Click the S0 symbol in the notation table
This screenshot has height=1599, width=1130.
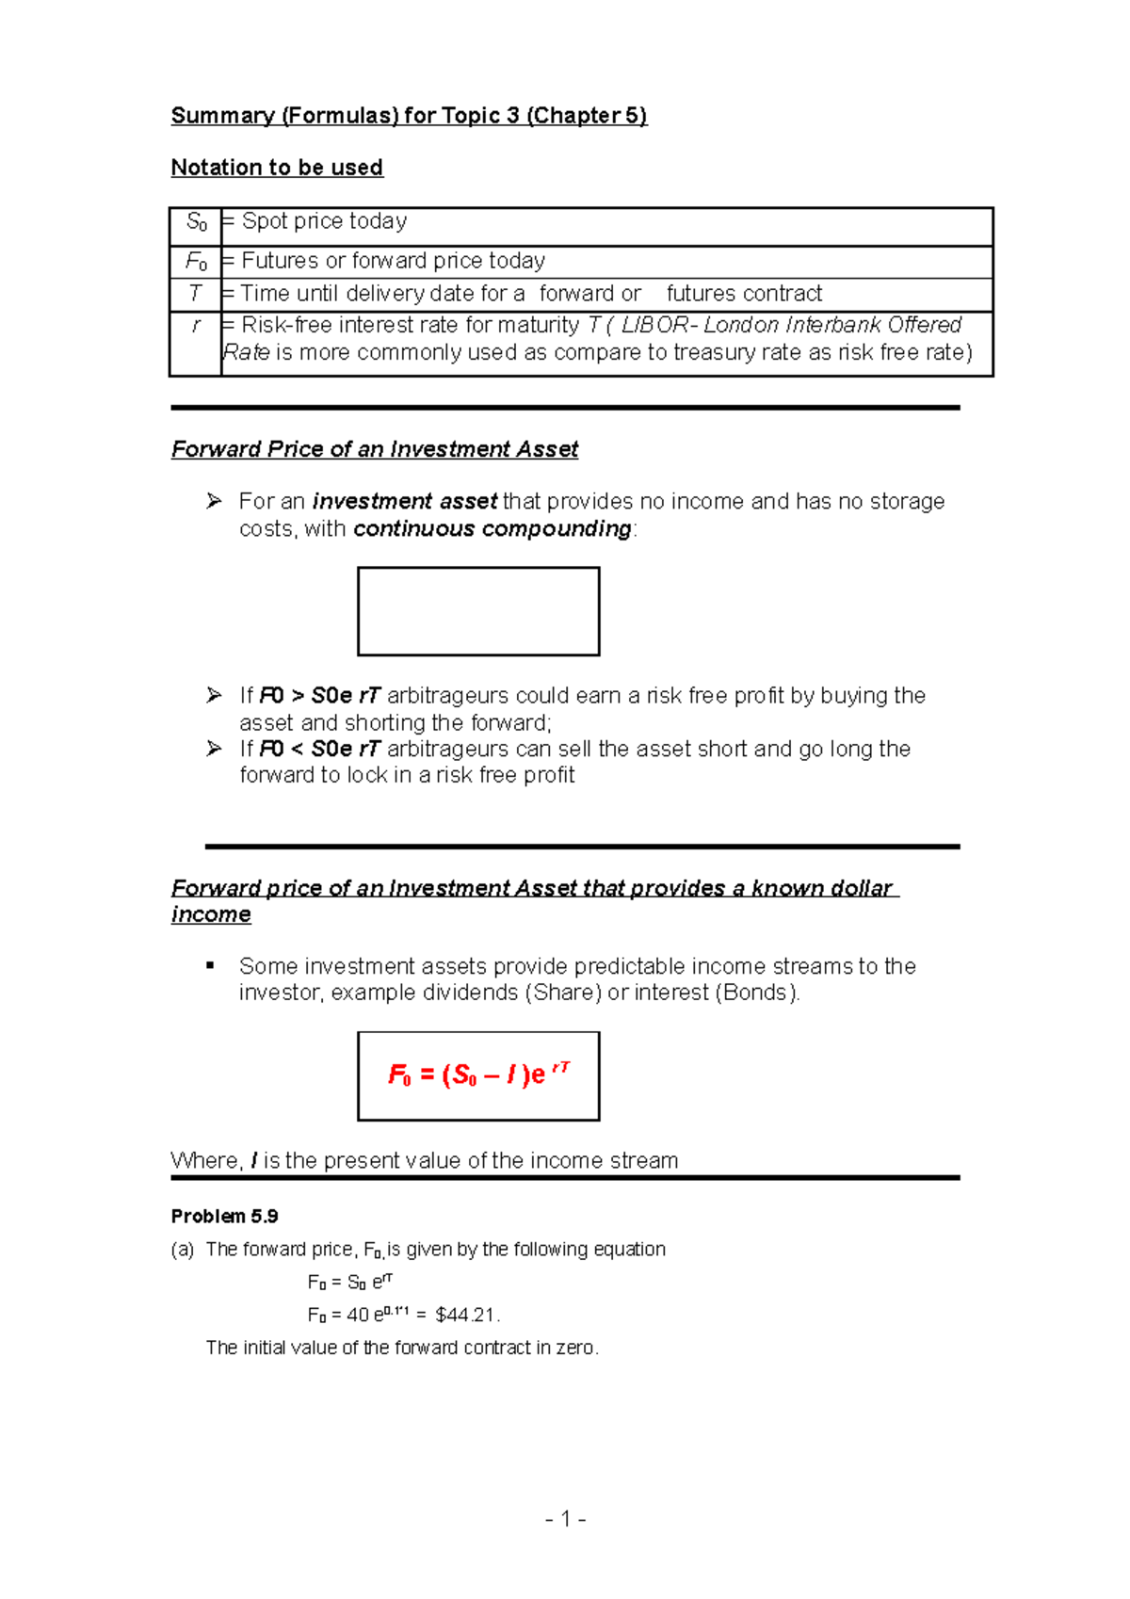(x=196, y=222)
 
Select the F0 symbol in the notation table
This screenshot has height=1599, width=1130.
(x=196, y=261)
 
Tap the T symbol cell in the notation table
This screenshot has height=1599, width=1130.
(x=195, y=294)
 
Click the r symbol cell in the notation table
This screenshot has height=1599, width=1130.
(x=195, y=326)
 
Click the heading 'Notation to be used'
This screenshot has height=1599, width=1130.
(x=277, y=168)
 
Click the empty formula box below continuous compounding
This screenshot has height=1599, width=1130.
(x=478, y=611)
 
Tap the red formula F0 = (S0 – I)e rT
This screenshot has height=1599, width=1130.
(x=478, y=1074)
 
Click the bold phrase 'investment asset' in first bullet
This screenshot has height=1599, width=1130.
(x=405, y=501)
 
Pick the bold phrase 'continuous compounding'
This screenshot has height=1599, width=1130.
(x=492, y=528)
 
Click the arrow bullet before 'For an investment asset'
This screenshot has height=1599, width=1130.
(x=214, y=501)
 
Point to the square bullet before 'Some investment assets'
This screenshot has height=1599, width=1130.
(x=210, y=965)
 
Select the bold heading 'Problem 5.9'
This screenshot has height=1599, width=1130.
(x=224, y=1216)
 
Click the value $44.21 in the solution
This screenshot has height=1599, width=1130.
(x=465, y=1315)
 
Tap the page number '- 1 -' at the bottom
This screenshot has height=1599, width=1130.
(x=565, y=1519)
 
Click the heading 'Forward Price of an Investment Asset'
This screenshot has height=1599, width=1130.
(x=374, y=449)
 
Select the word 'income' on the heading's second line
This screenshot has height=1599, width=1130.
(x=211, y=914)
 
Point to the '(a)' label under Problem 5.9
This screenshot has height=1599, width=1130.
(x=183, y=1250)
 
